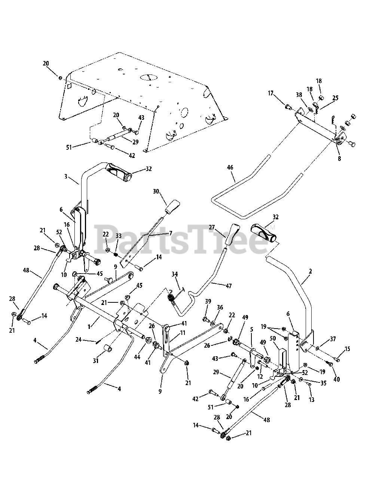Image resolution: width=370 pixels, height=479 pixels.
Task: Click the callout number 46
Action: [230, 168]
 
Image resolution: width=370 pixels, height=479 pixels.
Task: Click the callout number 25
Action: [335, 98]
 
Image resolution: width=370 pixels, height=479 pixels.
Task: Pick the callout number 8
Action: [339, 158]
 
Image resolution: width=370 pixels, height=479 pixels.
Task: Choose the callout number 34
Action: [174, 275]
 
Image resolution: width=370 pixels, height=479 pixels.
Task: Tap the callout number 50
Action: [273, 338]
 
